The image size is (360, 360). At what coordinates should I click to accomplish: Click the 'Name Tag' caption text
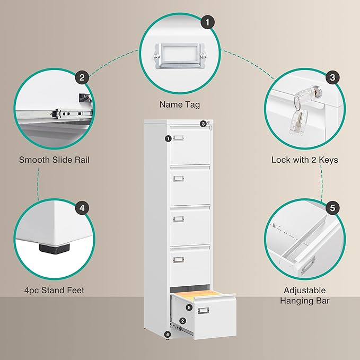click(179, 105)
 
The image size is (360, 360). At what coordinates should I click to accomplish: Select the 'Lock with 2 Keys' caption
click(304, 160)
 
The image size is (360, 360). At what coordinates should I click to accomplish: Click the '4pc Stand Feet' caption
click(51, 290)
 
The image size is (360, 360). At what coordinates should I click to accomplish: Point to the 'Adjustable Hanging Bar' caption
click(304, 295)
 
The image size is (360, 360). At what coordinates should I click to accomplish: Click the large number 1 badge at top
click(208, 22)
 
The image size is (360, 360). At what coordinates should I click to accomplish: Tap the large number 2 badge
click(81, 78)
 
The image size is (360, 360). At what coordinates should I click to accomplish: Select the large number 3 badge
click(332, 78)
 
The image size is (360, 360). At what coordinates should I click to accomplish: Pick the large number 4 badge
click(81, 208)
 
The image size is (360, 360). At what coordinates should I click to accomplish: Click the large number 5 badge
click(332, 208)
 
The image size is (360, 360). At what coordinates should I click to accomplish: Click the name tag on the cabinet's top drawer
click(178, 138)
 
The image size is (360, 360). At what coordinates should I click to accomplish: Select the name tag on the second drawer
click(178, 178)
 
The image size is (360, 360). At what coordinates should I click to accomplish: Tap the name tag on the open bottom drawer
click(203, 311)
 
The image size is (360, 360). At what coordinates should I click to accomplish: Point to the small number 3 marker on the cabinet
click(203, 124)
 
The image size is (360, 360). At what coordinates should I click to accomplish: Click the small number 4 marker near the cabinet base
click(168, 335)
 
